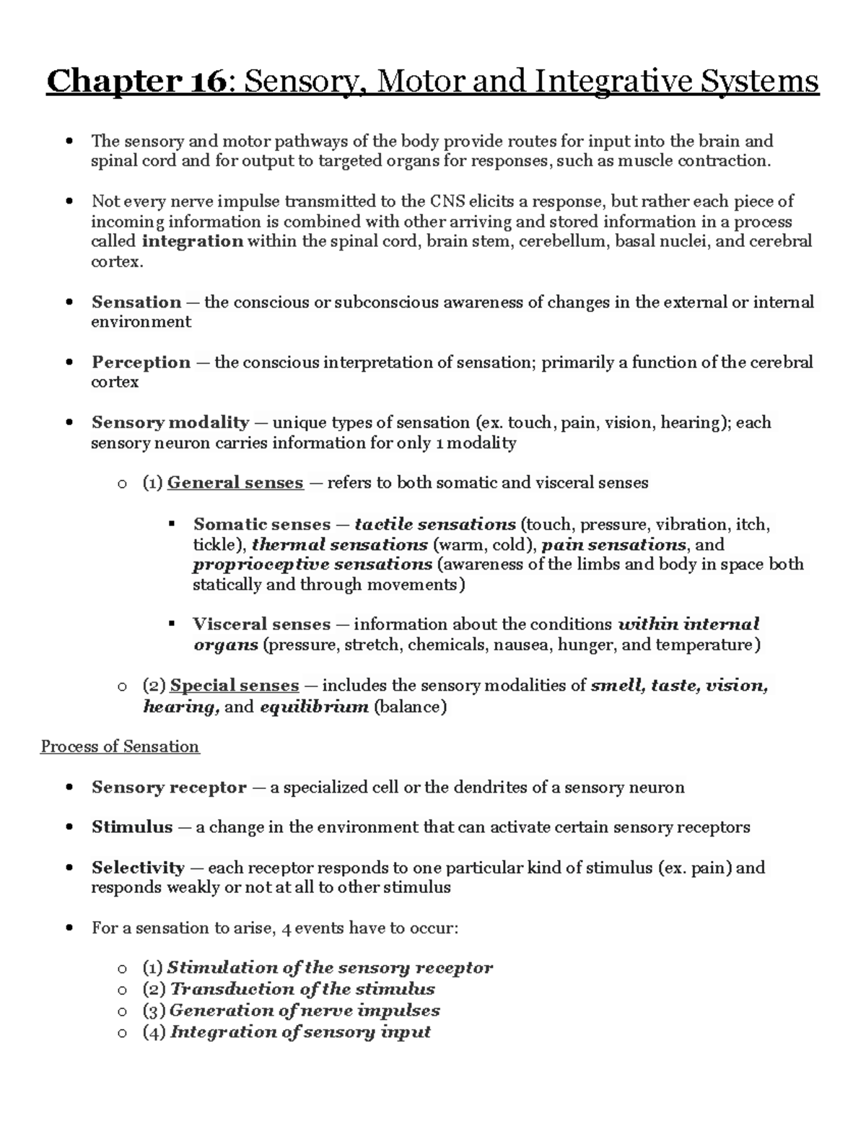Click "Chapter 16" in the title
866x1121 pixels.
click(x=136, y=82)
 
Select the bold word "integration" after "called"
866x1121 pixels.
click(x=192, y=241)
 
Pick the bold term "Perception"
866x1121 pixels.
click(x=141, y=362)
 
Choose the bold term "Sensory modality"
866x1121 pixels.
click(x=170, y=422)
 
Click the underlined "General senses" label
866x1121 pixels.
click(x=235, y=483)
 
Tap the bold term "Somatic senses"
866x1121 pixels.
click(x=261, y=524)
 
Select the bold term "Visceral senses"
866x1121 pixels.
click(x=261, y=624)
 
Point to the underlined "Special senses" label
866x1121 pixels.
click(x=234, y=686)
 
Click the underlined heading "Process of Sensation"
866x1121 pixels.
click(x=120, y=746)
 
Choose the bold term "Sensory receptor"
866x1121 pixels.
click(x=169, y=788)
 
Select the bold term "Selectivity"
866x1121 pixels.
click(x=138, y=868)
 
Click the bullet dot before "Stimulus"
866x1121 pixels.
click(x=69, y=828)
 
